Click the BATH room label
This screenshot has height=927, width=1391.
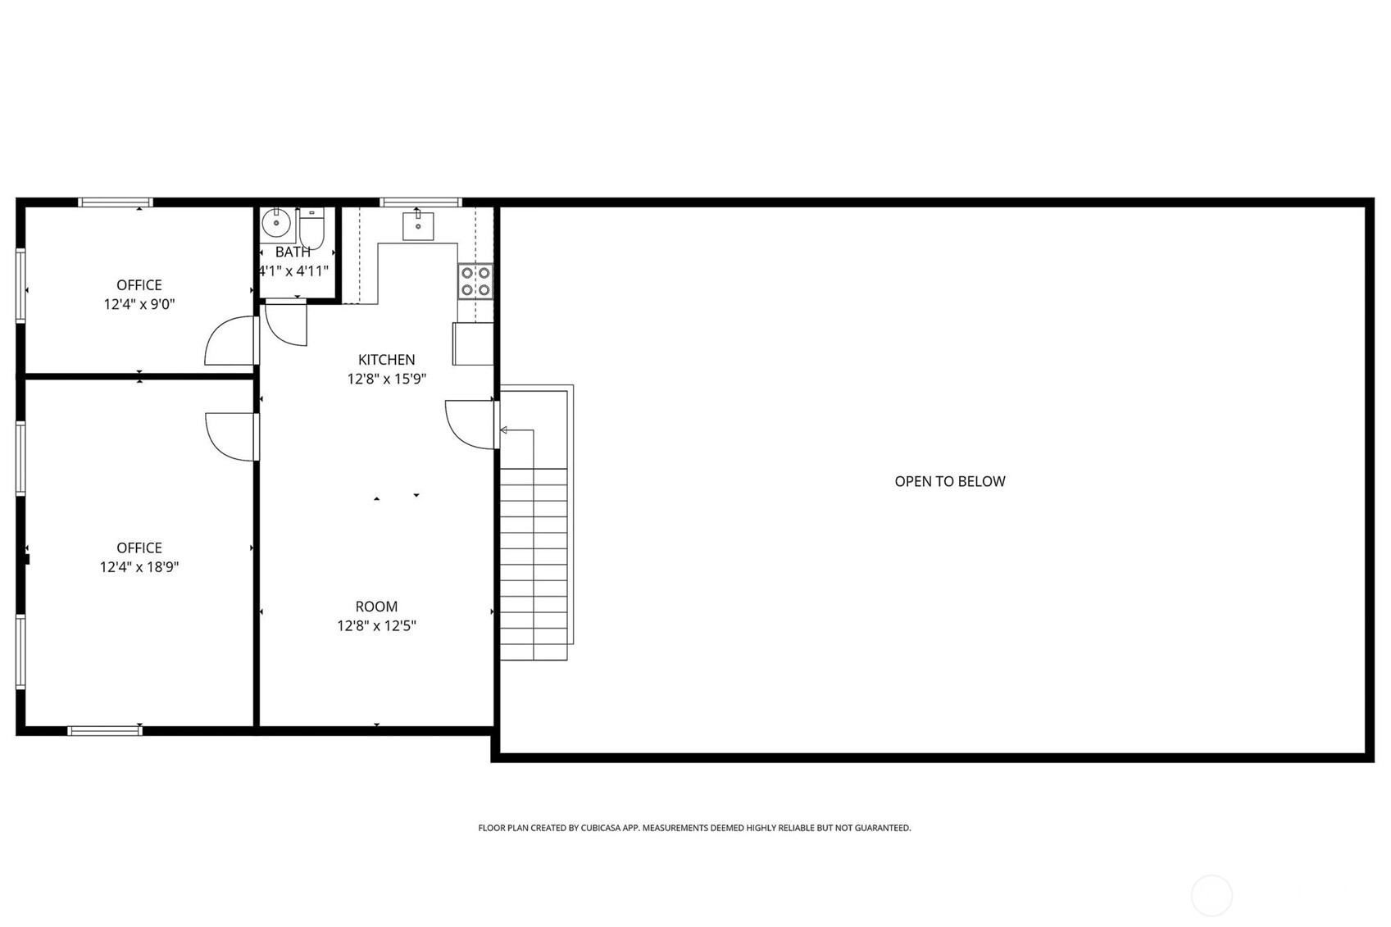(x=293, y=252)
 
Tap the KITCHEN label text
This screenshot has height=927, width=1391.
(x=386, y=359)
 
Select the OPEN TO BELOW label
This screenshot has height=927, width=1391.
(x=949, y=481)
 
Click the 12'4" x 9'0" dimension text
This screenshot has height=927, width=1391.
(x=139, y=304)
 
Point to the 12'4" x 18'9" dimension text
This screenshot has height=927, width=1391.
(x=139, y=566)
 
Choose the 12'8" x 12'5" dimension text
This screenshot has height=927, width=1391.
(x=376, y=625)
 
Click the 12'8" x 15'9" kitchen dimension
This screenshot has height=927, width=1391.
(x=386, y=379)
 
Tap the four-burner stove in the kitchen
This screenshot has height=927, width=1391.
(x=475, y=280)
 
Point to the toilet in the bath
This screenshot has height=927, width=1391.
(x=311, y=227)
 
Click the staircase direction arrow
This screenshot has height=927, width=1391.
(x=505, y=429)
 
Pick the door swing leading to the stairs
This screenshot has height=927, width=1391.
(x=470, y=424)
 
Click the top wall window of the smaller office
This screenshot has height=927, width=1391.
(x=116, y=202)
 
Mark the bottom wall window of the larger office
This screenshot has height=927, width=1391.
(x=105, y=730)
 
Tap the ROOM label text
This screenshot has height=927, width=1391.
(x=376, y=607)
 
